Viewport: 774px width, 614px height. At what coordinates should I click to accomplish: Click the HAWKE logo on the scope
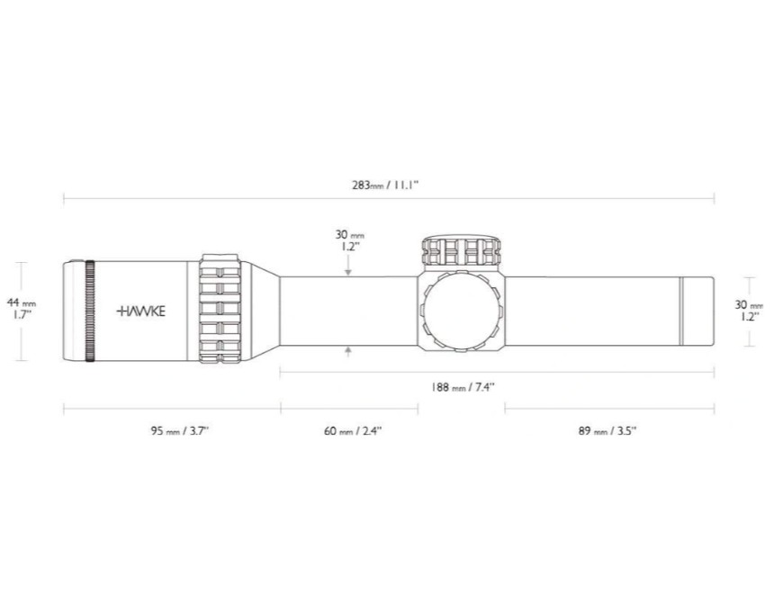pyautogui.click(x=141, y=312)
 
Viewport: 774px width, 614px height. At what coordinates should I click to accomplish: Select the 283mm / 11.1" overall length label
pyautogui.click(x=385, y=185)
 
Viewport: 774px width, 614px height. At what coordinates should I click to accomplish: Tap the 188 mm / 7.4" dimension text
pyautogui.click(x=463, y=387)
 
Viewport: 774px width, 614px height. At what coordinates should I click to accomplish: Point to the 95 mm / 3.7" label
pyautogui.click(x=180, y=430)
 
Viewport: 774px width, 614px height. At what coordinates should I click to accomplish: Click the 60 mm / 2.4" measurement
pyautogui.click(x=353, y=430)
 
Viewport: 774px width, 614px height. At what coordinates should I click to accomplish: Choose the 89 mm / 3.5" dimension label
pyautogui.click(x=607, y=430)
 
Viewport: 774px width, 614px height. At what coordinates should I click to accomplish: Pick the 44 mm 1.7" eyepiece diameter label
pyautogui.click(x=22, y=308)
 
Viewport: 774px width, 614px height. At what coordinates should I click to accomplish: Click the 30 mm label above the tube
pyautogui.click(x=349, y=240)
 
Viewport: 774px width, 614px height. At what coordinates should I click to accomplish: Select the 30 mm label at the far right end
pyautogui.click(x=749, y=311)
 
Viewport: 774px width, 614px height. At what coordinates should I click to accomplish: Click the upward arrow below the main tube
pyautogui.click(x=348, y=352)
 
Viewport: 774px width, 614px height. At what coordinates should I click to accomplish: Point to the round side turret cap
pyautogui.click(x=462, y=312)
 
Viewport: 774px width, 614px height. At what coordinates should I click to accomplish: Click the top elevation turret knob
pyautogui.click(x=462, y=252)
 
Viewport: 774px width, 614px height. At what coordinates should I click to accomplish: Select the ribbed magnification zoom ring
pyautogui.click(x=220, y=309)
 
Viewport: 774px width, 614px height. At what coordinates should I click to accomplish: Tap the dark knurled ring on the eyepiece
pyautogui.click(x=90, y=312)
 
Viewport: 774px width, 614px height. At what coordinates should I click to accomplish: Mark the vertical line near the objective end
pyautogui.click(x=680, y=312)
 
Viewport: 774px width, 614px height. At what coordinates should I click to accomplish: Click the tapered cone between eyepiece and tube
pyautogui.click(x=265, y=312)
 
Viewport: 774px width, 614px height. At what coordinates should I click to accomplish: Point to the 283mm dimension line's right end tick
pyautogui.click(x=714, y=199)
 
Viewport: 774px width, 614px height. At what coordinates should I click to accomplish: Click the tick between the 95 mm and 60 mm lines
pyautogui.click(x=281, y=409)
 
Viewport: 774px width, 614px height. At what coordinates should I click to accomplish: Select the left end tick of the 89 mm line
pyautogui.click(x=505, y=409)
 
